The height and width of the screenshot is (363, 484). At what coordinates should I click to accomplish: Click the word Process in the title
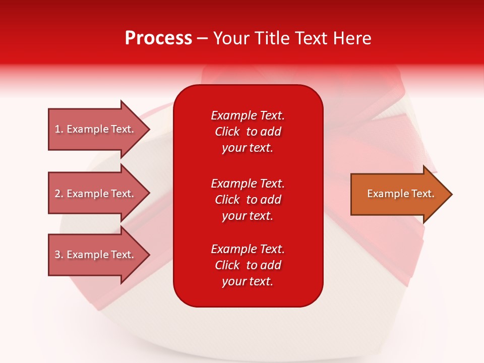(x=158, y=38)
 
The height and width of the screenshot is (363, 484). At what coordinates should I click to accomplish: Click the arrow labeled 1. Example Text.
(x=96, y=129)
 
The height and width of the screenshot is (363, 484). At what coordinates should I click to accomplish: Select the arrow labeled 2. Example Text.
(x=96, y=194)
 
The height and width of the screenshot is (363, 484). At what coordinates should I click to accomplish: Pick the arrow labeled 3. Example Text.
(x=96, y=255)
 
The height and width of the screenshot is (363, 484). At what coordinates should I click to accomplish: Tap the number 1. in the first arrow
(x=59, y=129)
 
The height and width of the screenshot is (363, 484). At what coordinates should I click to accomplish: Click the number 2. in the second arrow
(x=59, y=194)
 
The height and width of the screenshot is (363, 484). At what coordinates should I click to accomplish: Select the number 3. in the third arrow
(x=59, y=255)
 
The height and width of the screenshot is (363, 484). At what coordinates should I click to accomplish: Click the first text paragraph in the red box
(x=248, y=132)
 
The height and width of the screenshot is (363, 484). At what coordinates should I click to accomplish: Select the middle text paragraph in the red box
(x=248, y=200)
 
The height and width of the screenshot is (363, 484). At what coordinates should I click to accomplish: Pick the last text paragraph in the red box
(x=248, y=265)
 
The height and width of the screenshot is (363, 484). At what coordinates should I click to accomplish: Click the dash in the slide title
(x=202, y=38)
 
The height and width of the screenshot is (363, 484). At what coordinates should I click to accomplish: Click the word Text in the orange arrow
(x=423, y=194)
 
